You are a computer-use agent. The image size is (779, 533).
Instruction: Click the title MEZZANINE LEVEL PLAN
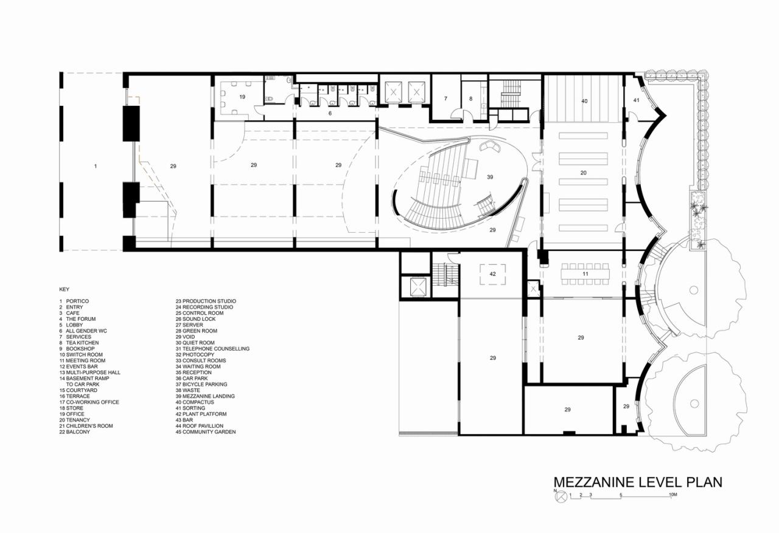[x=637, y=483]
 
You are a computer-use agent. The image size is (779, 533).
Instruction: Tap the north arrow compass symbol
[x=561, y=496]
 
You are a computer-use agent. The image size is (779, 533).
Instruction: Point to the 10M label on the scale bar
[x=672, y=495]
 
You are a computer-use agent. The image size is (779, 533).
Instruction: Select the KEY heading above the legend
[x=65, y=289]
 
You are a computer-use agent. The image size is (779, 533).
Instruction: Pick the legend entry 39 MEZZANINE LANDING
[x=204, y=396]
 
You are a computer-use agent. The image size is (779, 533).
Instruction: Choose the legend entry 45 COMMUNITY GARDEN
[x=205, y=432]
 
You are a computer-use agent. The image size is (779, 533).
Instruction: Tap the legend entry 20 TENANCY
[x=74, y=420]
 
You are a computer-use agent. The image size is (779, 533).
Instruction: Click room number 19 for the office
[x=242, y=97]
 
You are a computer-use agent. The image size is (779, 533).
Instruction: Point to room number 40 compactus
[x=584, y=100]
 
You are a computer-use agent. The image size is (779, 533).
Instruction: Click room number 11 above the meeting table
[x=585, y=275]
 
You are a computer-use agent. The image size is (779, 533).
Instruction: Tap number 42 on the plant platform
[x=493, y=275]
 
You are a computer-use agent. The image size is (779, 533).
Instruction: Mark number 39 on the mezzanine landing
[x=490, y=177]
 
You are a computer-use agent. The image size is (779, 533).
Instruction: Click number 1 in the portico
[x=95, y=165]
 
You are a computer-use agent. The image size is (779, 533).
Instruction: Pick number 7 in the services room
[x=445, y=98]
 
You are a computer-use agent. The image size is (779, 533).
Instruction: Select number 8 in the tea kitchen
[x=470, y=98]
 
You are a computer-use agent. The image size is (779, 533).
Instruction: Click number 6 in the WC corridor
[x=330, y=113]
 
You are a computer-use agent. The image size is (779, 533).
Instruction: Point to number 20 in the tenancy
[x=583, y=173]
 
